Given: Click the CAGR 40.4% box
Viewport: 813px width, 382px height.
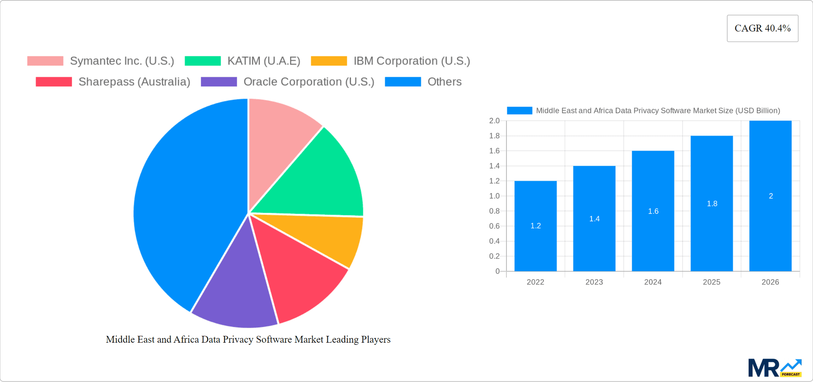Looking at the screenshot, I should pos(762,28).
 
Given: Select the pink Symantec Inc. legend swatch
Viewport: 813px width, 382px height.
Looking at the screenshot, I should pos(45,61).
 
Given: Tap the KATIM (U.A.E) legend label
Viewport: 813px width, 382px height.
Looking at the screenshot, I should pos(263,61).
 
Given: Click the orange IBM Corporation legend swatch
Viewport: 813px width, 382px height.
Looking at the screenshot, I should pos(329,61).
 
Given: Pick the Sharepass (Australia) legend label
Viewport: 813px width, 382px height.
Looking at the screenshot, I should pos(134,82).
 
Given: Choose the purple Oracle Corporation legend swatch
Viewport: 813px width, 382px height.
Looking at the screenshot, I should pos(218,82).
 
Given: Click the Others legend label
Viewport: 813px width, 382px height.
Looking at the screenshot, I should pos(444,82).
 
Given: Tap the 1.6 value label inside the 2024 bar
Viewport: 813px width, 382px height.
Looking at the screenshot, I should pos(653,211).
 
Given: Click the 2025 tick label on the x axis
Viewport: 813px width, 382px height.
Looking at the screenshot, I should pos(711,282).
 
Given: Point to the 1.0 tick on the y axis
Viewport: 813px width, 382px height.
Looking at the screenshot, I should pos(494,196).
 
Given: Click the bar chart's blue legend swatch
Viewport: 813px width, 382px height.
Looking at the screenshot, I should pos(519,110).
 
